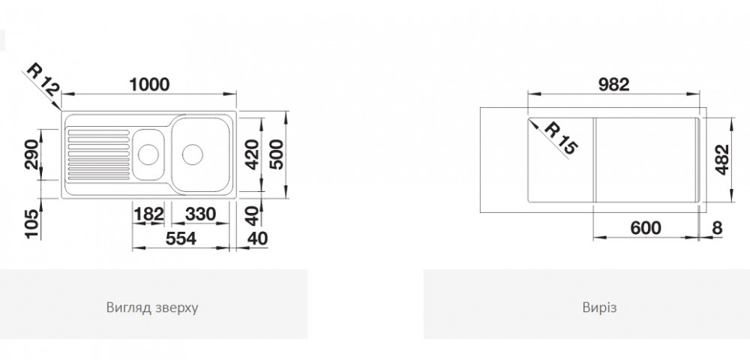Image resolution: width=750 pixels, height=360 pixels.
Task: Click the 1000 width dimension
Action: pos(150,85)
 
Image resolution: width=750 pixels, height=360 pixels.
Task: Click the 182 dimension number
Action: pos(148,213)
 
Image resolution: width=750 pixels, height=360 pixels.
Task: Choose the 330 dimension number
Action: pos(200,213)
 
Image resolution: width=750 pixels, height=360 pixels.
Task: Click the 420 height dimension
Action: pos(252,154)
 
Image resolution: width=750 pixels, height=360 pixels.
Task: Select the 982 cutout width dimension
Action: pos(613,85)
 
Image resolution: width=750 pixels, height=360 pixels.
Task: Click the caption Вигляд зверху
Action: pos(152,307)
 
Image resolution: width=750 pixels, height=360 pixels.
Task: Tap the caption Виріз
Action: pos(586,307)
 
